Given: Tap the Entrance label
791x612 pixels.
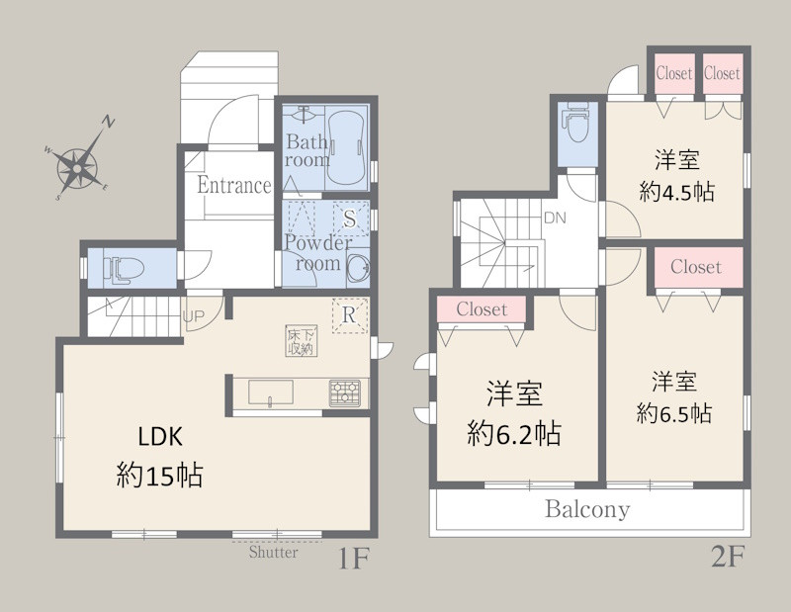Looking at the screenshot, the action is pyautogui.click(x=234, y=185).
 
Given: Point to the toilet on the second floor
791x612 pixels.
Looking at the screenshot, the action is pyautogui.click(x=577, y=123).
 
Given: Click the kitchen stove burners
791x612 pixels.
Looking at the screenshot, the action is pyautogui.click(x=345, y=393).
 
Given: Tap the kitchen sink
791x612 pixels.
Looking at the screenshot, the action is pyautogui.click(x=271, y=393).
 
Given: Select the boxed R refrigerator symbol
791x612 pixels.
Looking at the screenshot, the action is pyautogui.click(x=349, y=315).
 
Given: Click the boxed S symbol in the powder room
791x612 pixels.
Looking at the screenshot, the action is pyautogui.click(x=350, y=219).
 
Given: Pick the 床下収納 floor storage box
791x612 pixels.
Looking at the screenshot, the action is pyautogui.click(x=302, y=341).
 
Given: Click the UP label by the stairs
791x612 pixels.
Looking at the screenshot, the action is pyautogui.click(x=193, y=316).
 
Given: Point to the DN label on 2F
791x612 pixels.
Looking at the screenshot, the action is pyautogui.click(x=555, y=218).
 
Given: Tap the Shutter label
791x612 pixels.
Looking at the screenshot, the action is pyautogui.click(x=274, y=552).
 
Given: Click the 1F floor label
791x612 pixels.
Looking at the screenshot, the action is pyautogui.click(x=354, y=558).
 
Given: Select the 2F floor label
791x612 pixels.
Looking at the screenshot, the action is pyautogui.click(x=728, y=557).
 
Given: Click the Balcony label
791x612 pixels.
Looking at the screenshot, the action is pyautogui.click(x=587, y=509).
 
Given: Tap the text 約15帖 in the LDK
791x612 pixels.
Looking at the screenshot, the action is pyautogui.click(x=159, y=475).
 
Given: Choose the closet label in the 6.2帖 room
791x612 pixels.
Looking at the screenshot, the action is pyautogui.click(x=482, y=308).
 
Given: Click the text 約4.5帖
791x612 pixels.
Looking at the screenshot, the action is pyautogui.click(x=676, y=192).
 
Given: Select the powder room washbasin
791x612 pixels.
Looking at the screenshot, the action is pyautogui.click(x=358, y=265).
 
